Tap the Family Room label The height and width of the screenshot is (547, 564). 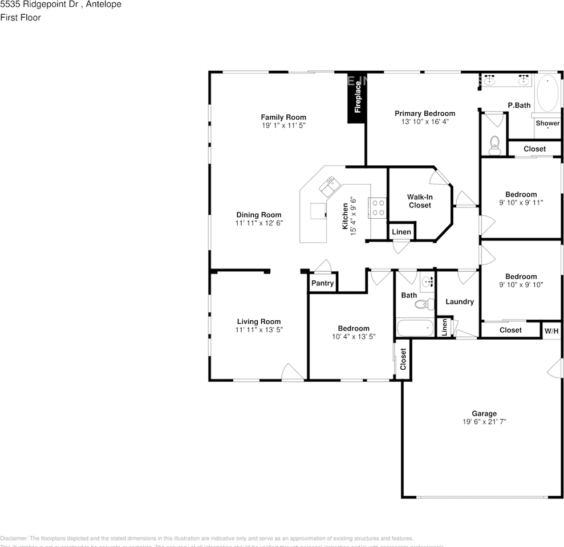coord(283,117)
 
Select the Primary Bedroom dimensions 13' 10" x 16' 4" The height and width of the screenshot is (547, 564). coord(425,121)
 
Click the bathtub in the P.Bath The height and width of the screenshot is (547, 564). coord(549,93)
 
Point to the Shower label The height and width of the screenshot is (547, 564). coord(547,123)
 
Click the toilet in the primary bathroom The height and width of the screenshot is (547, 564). coord(494,145)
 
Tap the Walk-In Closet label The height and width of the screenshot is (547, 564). coord(420,201)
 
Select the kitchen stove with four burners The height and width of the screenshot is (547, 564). coord(378,208)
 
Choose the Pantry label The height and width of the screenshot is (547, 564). coord(323,283)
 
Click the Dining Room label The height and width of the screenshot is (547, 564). coord(259,215)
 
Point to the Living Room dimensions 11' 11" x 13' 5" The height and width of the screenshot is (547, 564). coord(259,329)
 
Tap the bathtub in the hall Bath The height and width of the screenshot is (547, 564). coord(415,329)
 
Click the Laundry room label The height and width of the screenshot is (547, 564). coord(460,301)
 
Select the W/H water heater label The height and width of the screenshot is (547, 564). coord(551,330)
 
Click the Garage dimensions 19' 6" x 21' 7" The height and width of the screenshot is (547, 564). coord(484,422)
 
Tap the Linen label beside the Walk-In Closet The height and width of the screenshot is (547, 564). coord(401,232)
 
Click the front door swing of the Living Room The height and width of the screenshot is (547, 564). coord(293,372)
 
